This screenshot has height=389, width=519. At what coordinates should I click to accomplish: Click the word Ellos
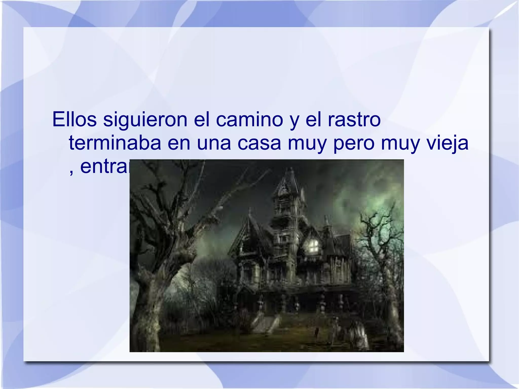[x=74, y=119]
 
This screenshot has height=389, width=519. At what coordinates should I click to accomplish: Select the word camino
[x=249, y=119]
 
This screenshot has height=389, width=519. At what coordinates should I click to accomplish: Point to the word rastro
[x=354, y=119]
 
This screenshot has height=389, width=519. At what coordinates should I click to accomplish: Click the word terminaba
[x=115, y=143]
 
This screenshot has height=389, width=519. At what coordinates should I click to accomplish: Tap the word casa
[x=259, y=143]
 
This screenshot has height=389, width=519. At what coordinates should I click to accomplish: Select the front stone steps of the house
[x=266, y=323]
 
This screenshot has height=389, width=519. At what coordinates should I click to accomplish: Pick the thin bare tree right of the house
[x=380, y=253]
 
